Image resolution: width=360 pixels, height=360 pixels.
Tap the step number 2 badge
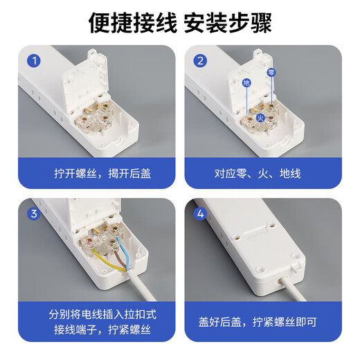[201, 61]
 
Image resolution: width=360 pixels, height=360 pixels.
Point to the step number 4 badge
[201, 214]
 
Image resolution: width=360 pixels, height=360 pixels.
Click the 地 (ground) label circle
[246, 83]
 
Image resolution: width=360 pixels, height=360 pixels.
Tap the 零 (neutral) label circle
[271, 72]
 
